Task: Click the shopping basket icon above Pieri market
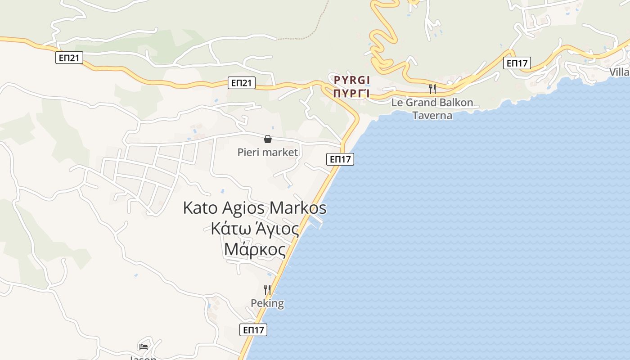[267, 139]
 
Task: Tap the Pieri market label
[267, 153]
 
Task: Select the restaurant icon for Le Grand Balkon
[432, 89]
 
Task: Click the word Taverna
[432, 115]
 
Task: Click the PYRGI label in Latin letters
[352, 80]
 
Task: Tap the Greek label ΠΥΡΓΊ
[352, 94]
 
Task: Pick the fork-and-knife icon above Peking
[267, 289]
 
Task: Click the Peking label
[267, 303]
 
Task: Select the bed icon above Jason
[144, 346]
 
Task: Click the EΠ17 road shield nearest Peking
[253, 330]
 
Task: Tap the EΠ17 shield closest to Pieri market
[340, 159]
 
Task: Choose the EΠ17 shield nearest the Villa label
[517, 63]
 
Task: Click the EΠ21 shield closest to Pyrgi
[242, 82]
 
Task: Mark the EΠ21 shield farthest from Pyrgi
[69, 57]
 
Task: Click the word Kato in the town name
[200, 208]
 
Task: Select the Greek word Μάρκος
[255, 249]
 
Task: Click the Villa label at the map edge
[619, 72]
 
